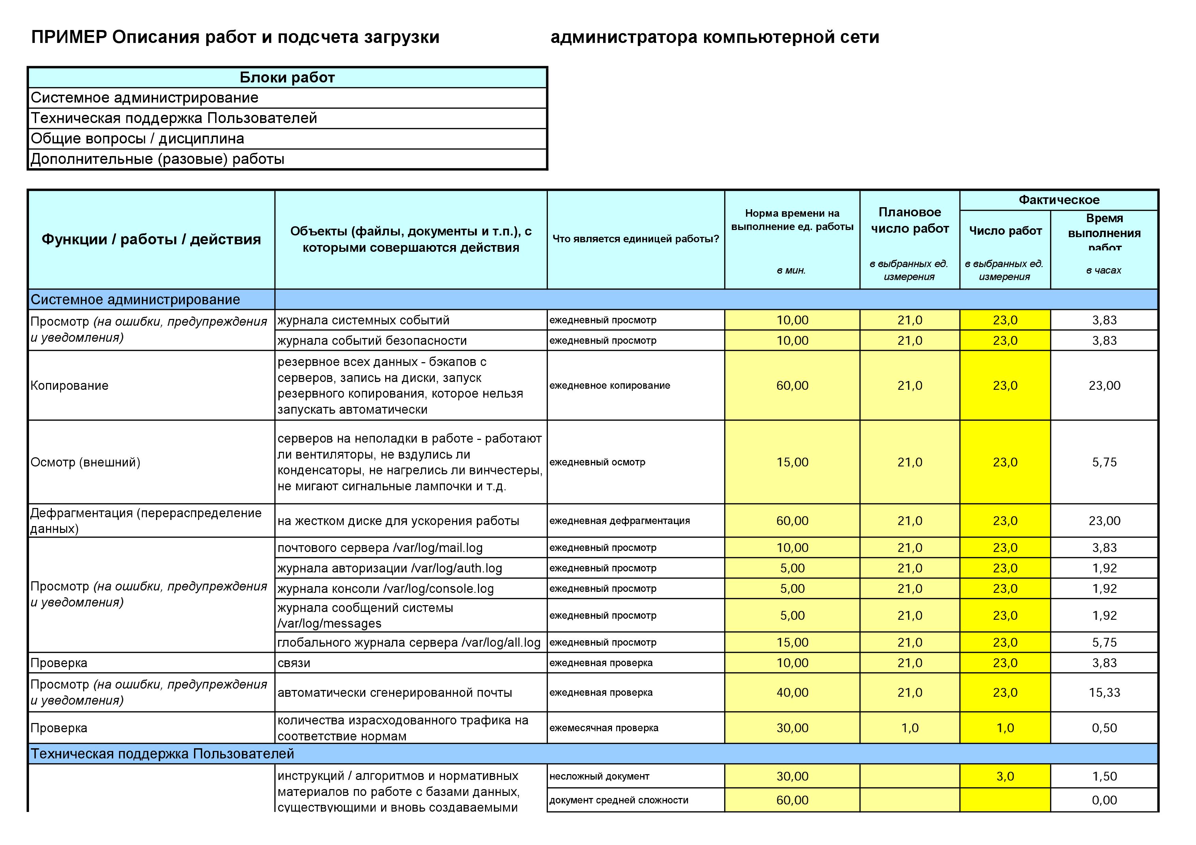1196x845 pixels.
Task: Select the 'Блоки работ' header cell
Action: [287, 78]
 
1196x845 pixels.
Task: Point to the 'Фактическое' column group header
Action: [1059, 200]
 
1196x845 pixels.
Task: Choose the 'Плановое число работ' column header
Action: [910, 220]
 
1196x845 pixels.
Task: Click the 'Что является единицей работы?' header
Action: [636, 239]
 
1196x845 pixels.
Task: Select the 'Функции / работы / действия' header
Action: [151, 240]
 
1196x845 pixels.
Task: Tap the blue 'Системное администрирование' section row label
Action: [135, 299]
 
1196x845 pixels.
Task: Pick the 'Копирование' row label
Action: [69, 385]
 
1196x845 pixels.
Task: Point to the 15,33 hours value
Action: [1104, 692]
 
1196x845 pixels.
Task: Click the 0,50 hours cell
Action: [1104, 728]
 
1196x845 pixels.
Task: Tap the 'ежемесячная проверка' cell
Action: [604, 728]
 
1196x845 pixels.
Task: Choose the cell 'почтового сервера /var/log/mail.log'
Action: [380, 548]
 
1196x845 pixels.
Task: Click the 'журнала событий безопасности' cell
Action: [372, 340]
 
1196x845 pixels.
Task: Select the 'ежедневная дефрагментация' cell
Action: [619, 521]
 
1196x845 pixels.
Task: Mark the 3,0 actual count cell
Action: [1005, 776]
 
